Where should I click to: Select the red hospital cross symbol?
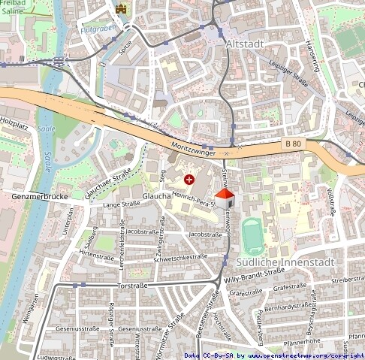click(189, 180)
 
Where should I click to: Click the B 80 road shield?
click(294, 143)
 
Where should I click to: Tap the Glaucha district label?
click(156, 195)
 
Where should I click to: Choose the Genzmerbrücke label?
click(40, 197)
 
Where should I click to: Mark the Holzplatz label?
click(14, 119)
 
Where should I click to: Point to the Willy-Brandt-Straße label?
click(255, 278)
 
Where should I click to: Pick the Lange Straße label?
click(122, 204)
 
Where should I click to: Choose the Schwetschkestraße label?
click(180, 256)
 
